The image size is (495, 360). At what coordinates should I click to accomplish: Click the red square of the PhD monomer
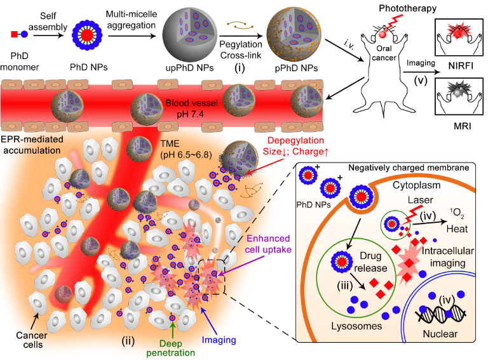(14, 34)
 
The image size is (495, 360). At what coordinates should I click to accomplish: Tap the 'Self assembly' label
(48, 22)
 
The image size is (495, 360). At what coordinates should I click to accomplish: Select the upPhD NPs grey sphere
(190, 35)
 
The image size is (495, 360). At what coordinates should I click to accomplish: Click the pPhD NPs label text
(296, 68)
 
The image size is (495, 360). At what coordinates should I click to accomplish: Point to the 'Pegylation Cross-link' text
(241, 50)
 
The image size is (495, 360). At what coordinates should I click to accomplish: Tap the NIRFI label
(461, 66)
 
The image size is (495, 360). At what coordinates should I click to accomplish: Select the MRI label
(462, 126)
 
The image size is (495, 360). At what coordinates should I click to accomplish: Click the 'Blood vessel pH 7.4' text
(191, 109)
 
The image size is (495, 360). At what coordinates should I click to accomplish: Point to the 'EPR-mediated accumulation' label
(32, 145)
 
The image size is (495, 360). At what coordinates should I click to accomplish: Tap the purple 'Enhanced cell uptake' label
(268, 244)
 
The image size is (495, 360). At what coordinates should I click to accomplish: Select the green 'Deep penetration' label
(170, 348)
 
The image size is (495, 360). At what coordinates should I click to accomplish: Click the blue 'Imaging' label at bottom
(219, 340)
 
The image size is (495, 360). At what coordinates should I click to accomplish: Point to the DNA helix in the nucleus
(440, 313)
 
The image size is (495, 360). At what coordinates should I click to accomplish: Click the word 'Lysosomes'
(356, 326)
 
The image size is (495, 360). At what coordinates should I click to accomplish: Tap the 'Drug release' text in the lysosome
(370, 262)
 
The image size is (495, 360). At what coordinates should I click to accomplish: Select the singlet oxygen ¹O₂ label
(457, 213)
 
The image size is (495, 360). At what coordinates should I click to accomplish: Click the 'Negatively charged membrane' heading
(409, 168)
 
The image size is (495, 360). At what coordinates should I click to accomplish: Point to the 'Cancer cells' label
(32, 340)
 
